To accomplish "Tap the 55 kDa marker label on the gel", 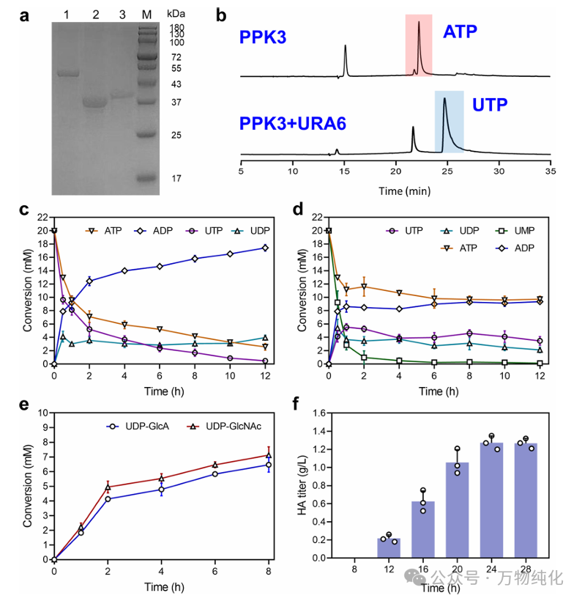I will point(176,69).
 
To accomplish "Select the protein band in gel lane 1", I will point(68,73).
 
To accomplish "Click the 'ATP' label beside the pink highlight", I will point(460,32).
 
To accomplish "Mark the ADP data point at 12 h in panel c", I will point(265,248).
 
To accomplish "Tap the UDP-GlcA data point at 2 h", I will point(108,499).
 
